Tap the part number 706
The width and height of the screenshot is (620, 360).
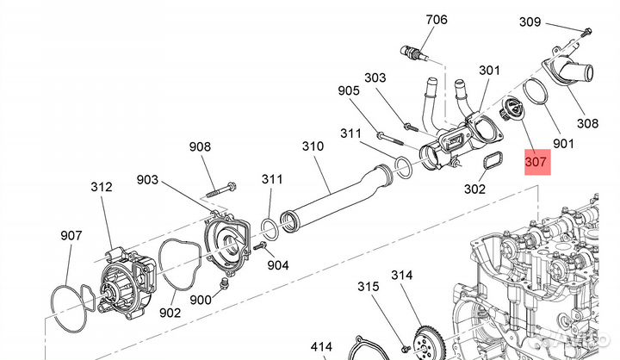click(436, 20)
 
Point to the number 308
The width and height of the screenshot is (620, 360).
click(587, 123)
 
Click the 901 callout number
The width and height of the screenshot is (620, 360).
click(563, 143)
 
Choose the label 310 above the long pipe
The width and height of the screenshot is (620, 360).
click(313, 146)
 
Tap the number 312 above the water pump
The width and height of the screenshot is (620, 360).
click(102, 186)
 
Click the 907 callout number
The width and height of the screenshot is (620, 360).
click(71, 235)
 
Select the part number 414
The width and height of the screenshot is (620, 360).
click(321, 347)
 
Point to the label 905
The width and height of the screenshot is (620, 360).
click(349, 90)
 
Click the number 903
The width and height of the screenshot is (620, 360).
click(147, 179)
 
